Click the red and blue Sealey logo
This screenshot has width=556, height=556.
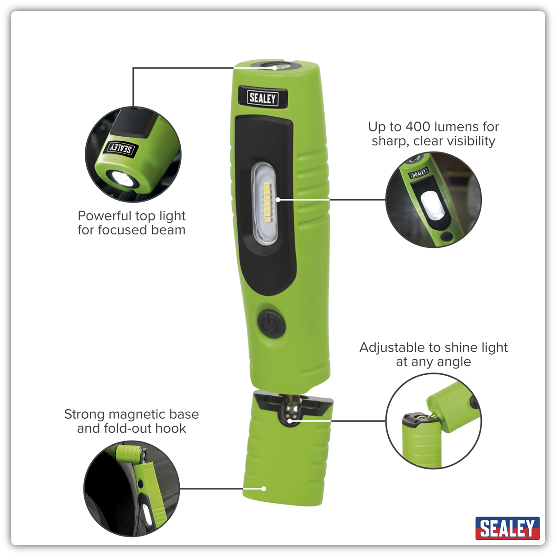[507, 528]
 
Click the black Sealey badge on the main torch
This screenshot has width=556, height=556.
[263, 97]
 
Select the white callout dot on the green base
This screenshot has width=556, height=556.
[264, 489]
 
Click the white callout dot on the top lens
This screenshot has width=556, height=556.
[274, 68]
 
